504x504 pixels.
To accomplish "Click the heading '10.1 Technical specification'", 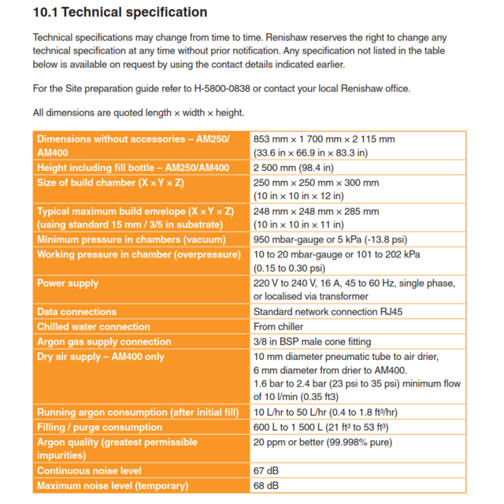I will tap(120, 13).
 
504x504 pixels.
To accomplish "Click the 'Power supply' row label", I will tap(68, 283).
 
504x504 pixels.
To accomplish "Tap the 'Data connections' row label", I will tap(77, 312).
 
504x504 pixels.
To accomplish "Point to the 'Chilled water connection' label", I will tap(94, 327).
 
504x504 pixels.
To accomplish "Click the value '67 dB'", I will tap(266, 471).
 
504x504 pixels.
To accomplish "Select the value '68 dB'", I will tap(266, 486).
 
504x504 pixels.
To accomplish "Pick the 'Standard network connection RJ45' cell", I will tap(328, 312).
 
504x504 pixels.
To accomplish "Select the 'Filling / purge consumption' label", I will tap(100, 428).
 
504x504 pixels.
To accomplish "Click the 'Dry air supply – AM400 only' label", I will tap(101, 357).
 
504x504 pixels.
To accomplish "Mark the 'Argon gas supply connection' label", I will tap(104, 342).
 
